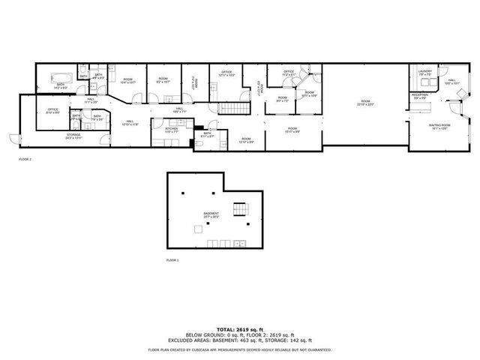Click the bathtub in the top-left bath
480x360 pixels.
coord(60,76)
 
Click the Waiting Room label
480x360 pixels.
coord(439,126)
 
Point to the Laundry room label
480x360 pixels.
coord(424,73)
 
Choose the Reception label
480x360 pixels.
coord(419,96)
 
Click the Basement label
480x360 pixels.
coord(211,214)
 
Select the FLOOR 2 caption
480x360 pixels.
coord(25,159)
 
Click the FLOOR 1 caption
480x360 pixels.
coord(173,259)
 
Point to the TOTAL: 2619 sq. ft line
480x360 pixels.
coord(239,329)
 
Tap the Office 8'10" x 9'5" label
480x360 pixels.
coord(52,111)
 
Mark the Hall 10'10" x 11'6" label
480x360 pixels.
coord(130,123)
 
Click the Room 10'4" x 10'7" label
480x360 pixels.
coord(127,80)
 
